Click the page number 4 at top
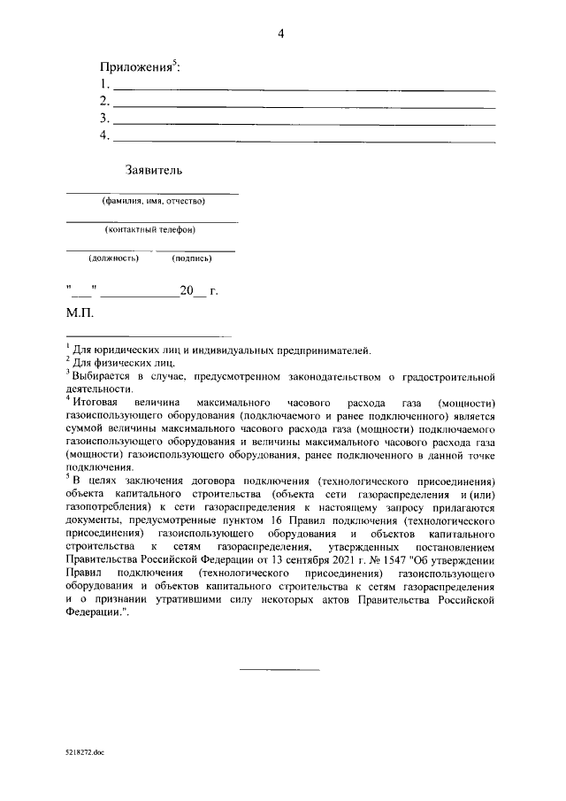(280, 35)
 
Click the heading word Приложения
(139, 67)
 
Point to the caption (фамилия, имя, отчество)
(153, 201)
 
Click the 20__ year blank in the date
(191, 290)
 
